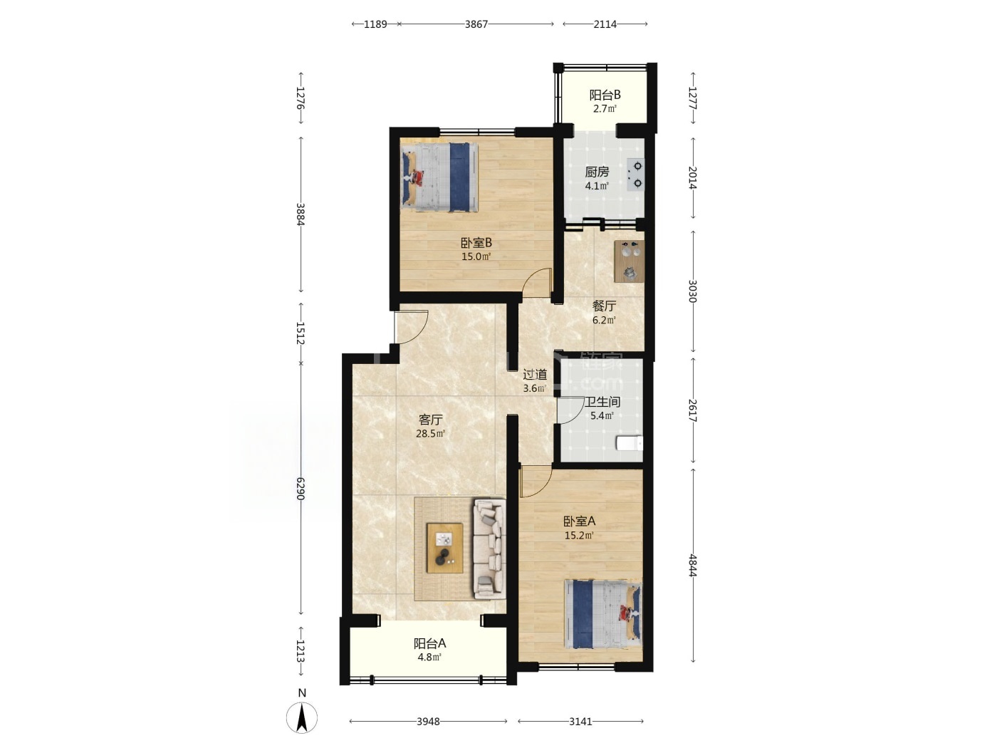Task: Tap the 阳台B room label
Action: pos(605,95)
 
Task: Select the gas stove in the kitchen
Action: pos(635,175)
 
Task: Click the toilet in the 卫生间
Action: pos(630,443)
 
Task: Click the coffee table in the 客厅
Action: pos(444,548)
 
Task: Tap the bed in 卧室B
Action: pos(439,177)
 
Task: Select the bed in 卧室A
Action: pos(602,614)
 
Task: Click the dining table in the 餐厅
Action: pos(629,261)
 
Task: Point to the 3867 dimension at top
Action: pos(476,24)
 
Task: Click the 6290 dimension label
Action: pos(300,489)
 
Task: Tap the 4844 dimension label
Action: pos(692,566)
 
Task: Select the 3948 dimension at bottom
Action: pos(428,721)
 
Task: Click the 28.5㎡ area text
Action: pos(430,433)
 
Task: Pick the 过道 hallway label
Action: pos(535,375)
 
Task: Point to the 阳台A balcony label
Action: pos(429,643)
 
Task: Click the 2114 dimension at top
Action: pos(605,24)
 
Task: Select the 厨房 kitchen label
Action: pos(597,172)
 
